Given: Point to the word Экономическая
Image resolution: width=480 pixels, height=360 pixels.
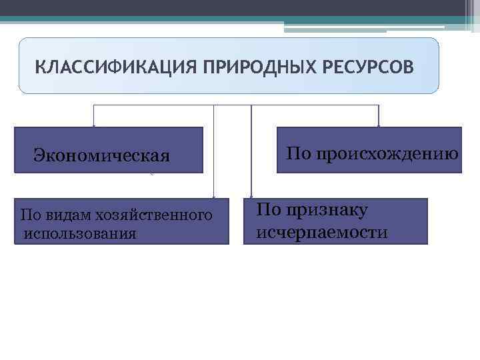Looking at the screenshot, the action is pyautogui.click(x=101, y=156).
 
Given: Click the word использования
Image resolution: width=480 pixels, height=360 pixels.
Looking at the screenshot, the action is pyautogui.click(x=79, y=233).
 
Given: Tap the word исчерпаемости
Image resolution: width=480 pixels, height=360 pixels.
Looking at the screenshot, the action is pyautogui.click(x=321, y=233).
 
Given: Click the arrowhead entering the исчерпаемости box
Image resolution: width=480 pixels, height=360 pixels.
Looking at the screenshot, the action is pyautogui.click(x=251, y=196).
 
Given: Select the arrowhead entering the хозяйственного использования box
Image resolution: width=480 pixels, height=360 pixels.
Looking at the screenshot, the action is pyautogui.click(x=213, y=196).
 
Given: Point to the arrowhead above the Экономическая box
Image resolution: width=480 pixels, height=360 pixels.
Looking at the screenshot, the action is pyautogui.click(x=94, y=125).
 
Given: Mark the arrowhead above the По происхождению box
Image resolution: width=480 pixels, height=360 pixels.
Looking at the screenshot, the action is pyautogui.click(x=379, y=125).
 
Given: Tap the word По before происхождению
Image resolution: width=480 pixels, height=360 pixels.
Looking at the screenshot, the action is pyautogui.click(x=297, y=154).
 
